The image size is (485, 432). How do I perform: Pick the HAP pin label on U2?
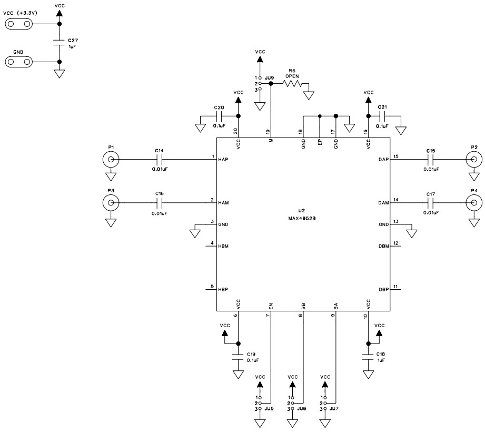tap(223, 159)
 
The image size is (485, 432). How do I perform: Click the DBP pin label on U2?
tap(383, 289)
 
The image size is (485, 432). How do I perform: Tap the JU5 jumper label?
tap(269, 408)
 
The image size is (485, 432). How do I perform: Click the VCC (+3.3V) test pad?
tap(18, 24)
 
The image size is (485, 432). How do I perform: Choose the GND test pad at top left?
tap(18, 62)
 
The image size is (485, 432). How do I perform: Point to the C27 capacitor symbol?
tap(60, 43)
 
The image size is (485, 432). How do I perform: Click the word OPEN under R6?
tap(292, 76)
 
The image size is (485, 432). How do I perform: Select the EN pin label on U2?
tap(271, 305)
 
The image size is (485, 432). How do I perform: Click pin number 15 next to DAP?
tap(396, 156)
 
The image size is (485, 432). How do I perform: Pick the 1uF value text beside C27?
tap(72, 47)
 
